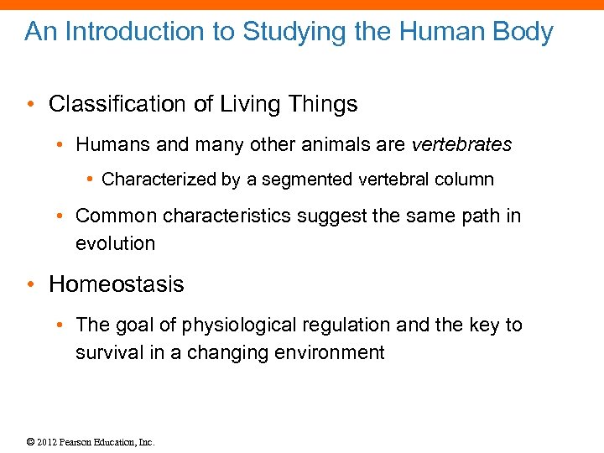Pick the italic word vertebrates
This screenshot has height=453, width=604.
click(x=461, y=144)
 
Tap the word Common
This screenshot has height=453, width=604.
click(x=116, y=216)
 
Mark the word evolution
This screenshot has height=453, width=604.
click(x=115, y=244)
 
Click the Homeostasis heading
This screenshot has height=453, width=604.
click(x=117, y=284)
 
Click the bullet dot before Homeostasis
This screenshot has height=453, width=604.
click(x=31, y=284)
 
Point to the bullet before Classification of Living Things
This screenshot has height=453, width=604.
click(x=31, y=105)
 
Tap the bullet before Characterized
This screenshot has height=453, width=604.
click(x=91, y=180)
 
